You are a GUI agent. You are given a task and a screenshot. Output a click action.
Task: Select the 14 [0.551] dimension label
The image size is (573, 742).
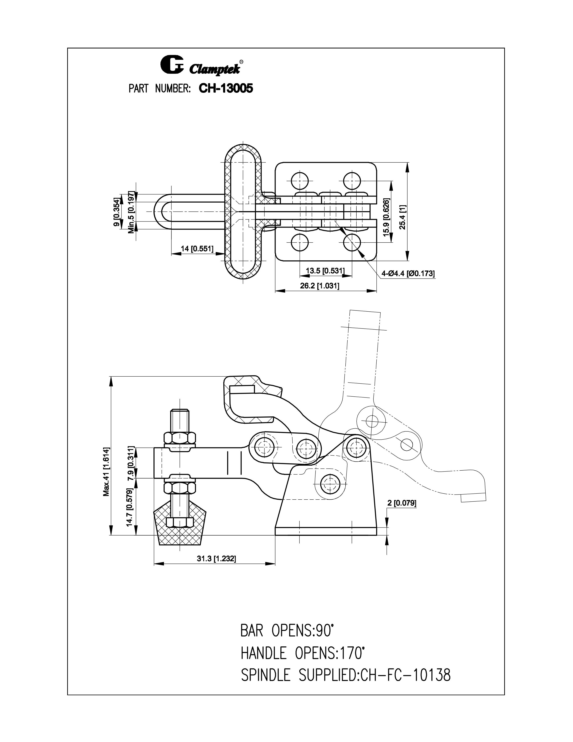pos(197,249)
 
